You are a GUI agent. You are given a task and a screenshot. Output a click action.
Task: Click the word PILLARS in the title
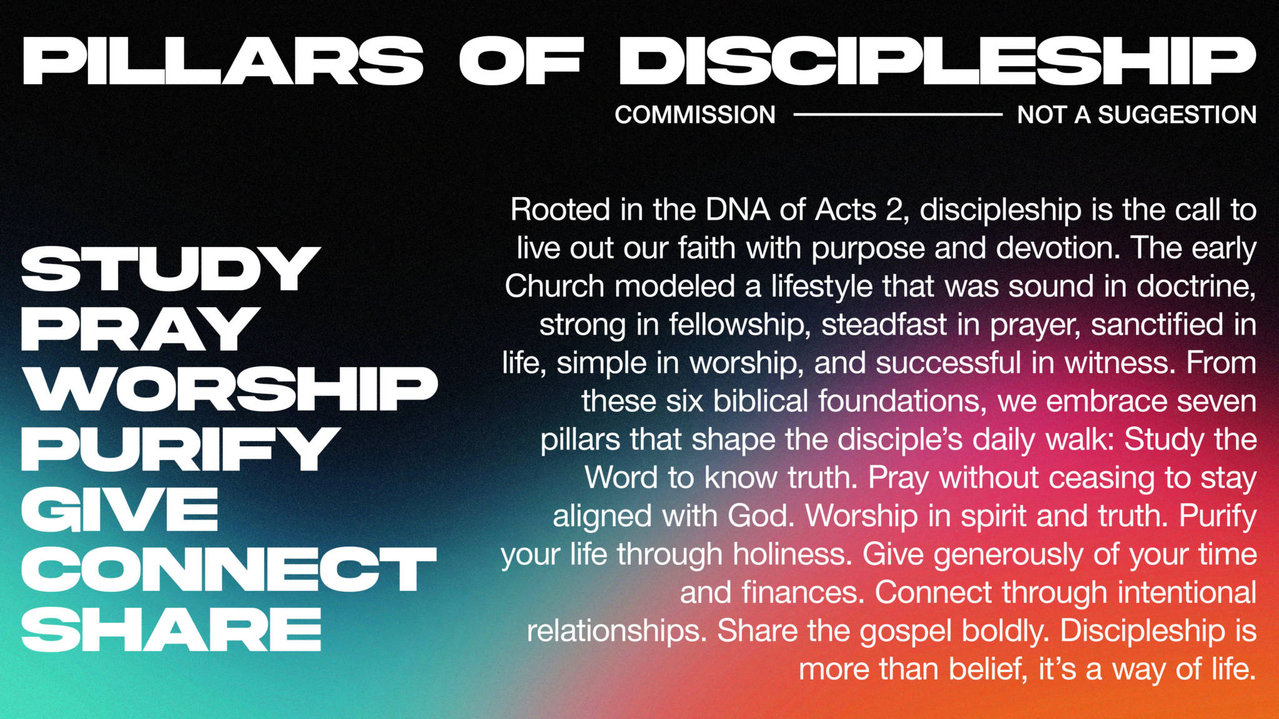click(x=223, y=61)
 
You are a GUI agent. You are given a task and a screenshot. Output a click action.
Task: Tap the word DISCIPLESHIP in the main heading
click(x=937, y=61)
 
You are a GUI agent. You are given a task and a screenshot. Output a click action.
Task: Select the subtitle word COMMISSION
click(x=695, y=115)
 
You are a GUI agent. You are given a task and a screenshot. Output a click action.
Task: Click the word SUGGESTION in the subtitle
click(x=1177, y=115)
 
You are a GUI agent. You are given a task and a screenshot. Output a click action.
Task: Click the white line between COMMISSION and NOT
click(x=897, y=114)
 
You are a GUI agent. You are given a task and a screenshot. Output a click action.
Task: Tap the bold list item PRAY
click(x=141, y=329)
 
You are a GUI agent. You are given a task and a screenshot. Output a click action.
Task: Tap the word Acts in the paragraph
click(x=846, y=210)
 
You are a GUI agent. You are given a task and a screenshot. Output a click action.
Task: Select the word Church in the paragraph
click(x=555, y=286)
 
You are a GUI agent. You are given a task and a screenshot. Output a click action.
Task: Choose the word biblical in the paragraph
click(x=761, y=401)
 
